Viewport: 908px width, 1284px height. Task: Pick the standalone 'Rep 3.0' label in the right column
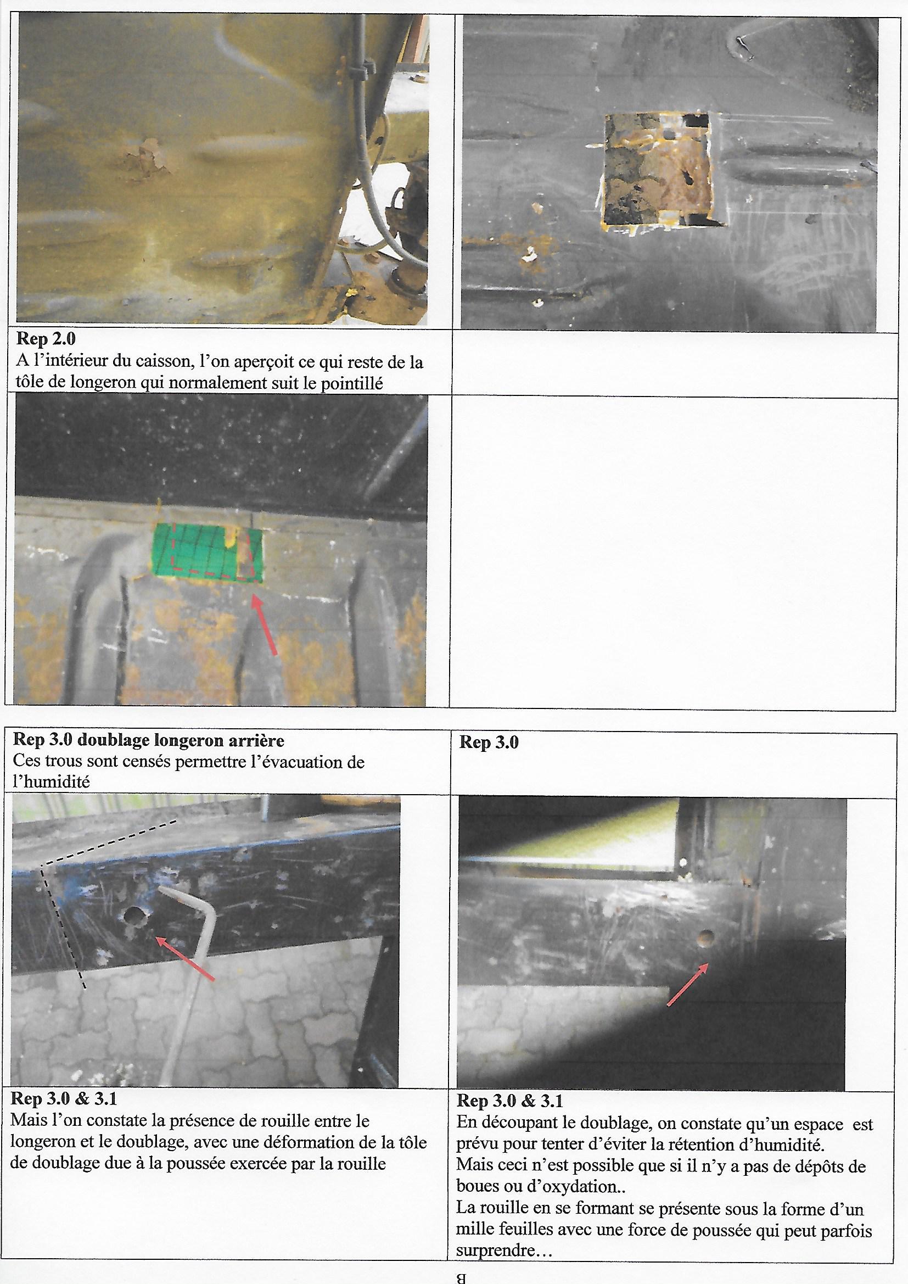(489, 743)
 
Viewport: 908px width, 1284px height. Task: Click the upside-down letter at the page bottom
(461, 1274)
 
